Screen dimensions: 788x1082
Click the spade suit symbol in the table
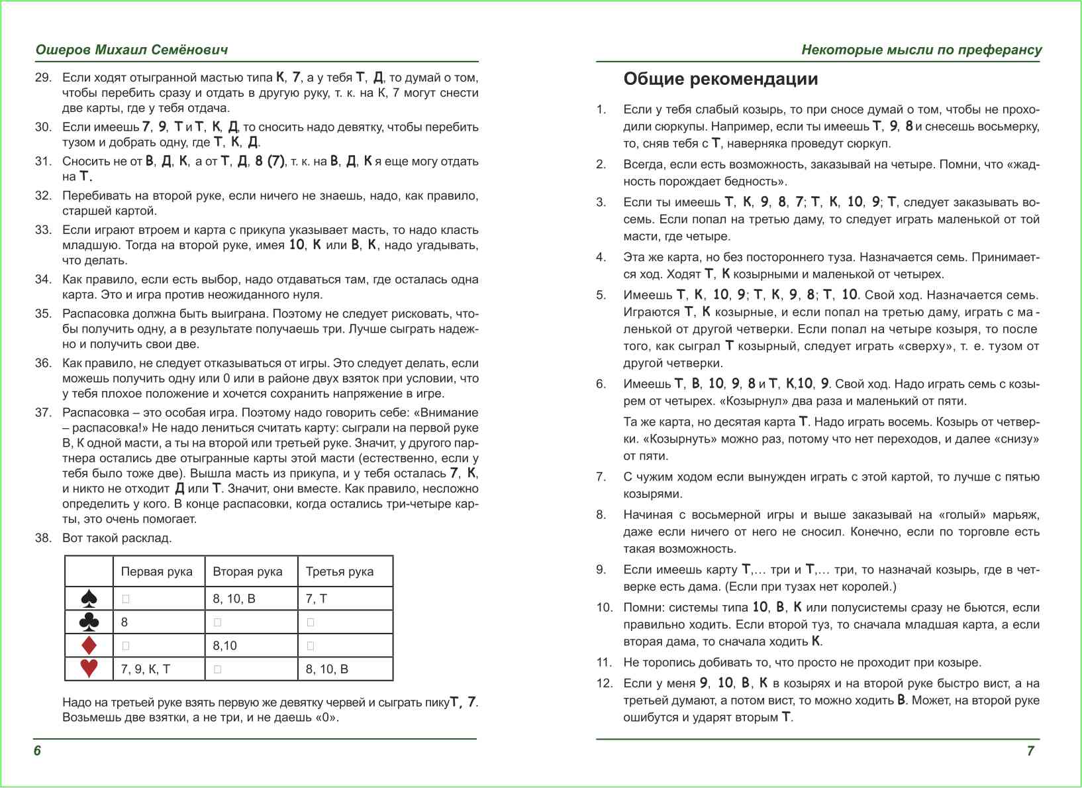tap(89, 598)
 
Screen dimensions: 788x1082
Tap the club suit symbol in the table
tap(89, 622)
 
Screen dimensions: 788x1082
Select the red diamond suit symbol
tap(89, 645)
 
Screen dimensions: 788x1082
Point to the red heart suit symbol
tap(89, 668)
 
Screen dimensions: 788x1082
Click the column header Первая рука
tap(156, 571)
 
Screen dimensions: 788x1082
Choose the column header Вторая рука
tap(247, 571)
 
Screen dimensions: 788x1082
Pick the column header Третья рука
tap(339, 571)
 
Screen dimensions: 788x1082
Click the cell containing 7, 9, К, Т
tap(145, 669)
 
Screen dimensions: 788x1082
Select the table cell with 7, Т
tap(316, 598)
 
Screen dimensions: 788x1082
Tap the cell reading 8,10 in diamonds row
tap(224, 646)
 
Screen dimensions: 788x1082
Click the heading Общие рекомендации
tap(720, 79)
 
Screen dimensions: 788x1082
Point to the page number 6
tap(37, 750)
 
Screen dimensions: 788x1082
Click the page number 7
tap(1030, 750)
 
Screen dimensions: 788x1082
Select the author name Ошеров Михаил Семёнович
tap(132, 50)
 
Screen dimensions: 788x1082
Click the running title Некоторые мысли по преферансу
tap(921, 50)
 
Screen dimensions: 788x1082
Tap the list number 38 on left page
tap(43, 537)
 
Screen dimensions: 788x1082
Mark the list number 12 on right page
tap(604, 683)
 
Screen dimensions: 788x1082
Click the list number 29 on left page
tap(43, 78)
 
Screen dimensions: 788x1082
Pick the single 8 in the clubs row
tap(124, 622)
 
